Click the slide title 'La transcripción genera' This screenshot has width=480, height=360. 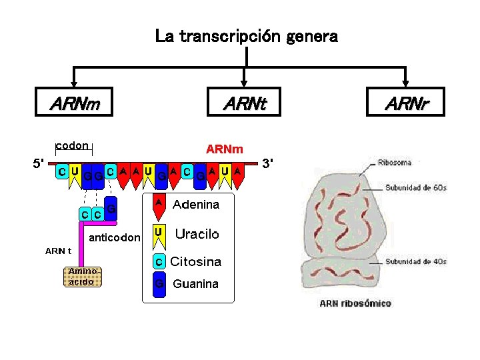pyautogui.click(x=246, y=36)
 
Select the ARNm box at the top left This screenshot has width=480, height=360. pyautogui.click(x=74, y=104)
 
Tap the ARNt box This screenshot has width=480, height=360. pyautogui.click(x=244, y=104)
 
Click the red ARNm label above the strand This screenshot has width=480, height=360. pyautogui.click(x=225, y=148)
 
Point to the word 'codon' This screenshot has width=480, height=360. pyautogui.click(x=73, y=145)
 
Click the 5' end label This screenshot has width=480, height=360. pyautogui.click(x=39, y=163)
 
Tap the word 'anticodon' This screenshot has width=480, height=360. pyautogui.click(x=115, y=237)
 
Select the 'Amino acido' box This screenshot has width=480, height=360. pyautogui.click(x=82, y=276)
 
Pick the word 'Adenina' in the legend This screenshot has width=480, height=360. pyautogui.click(x=196, y=205)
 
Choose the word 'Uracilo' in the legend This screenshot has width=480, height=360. pyautogui.click(x=197, y=234)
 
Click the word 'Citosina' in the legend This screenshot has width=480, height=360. pyautogui.click(x=196, y=261)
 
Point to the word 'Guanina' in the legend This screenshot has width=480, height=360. pyautogui.click(x=195, y=284)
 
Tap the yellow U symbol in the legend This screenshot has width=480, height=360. pyautogui.click(x=158, y=233)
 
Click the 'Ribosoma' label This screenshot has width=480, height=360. pyautogui.click(x=394, y=162)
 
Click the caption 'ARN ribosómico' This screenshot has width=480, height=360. pyautogui.click(x=355, y=303)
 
